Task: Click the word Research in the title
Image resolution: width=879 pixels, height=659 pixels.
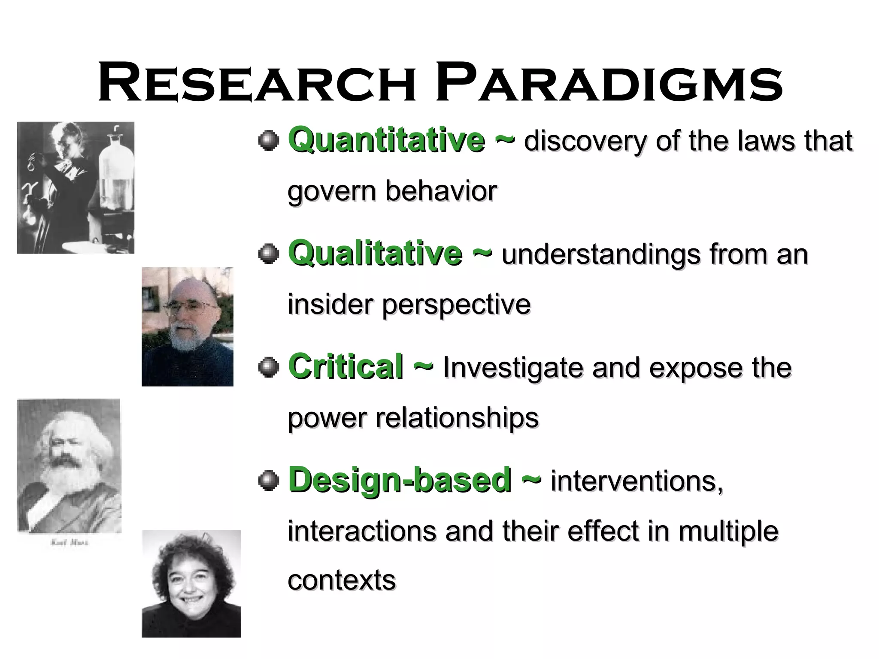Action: click(x=257, y=83)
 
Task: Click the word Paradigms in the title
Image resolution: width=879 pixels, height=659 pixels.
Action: click(x=609, y=83)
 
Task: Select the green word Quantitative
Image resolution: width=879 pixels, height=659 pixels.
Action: click(x=386, y=139)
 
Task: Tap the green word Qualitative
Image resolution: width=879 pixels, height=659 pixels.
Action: click(x=375, y=253)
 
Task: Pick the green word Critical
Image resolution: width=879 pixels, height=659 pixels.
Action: click(x=346, y=366)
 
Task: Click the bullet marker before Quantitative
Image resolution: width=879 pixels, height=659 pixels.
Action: click(x=269, y=140)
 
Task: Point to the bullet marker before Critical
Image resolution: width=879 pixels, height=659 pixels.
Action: click(x=269, y=367)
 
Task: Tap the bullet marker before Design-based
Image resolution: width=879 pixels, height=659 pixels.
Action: click(x=269, y=481)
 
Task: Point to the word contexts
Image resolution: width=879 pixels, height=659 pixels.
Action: click(x=342, y=580)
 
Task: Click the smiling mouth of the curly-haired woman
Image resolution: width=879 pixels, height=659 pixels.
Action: click(x=191, y=600)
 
